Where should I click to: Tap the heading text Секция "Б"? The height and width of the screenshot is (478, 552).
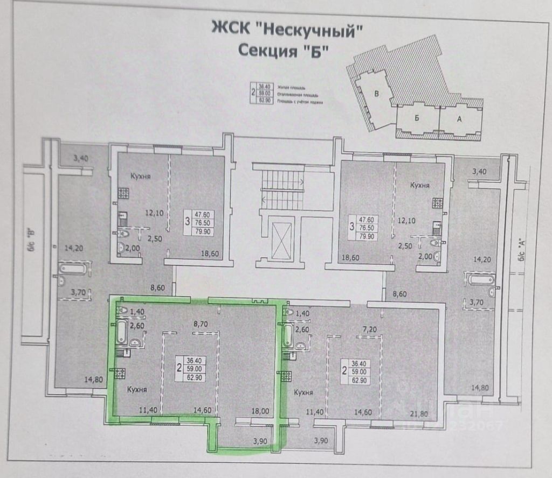pyautogui.click(x=283, y=51)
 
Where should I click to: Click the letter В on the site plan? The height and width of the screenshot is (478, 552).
pyautogui.click(x=377, y=94)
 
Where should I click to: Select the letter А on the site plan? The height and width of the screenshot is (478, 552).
pyautogui.click(x=459, y=120)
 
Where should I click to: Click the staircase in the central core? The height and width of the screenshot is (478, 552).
pyautogui.click(x=282, y=188)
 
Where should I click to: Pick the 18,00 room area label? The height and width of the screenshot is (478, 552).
pyautogui.click(x=261, y=411)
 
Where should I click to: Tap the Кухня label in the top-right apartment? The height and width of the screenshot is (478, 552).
pyautogui.click(x=419, y=185)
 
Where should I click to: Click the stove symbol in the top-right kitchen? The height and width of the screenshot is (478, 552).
pyautogui.click(x=437, y=204)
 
